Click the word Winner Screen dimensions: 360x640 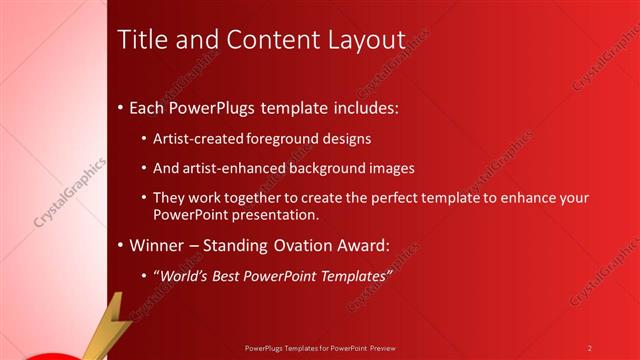click(157, 244)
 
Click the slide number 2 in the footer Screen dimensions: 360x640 click(590, 347)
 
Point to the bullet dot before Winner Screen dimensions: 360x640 click(122, 245)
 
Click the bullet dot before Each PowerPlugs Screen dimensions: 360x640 click(122, 106)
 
